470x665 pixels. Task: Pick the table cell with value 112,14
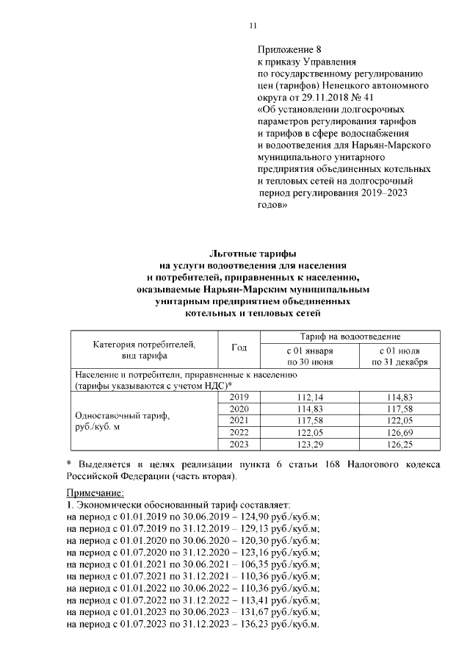[x=309, y=398]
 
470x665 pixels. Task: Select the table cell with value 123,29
[x=309, y=444]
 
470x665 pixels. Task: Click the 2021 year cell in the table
[x=239, y=420]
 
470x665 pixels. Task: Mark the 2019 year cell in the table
[x=239, y=398]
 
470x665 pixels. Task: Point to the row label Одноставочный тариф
[x=122, y=416]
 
